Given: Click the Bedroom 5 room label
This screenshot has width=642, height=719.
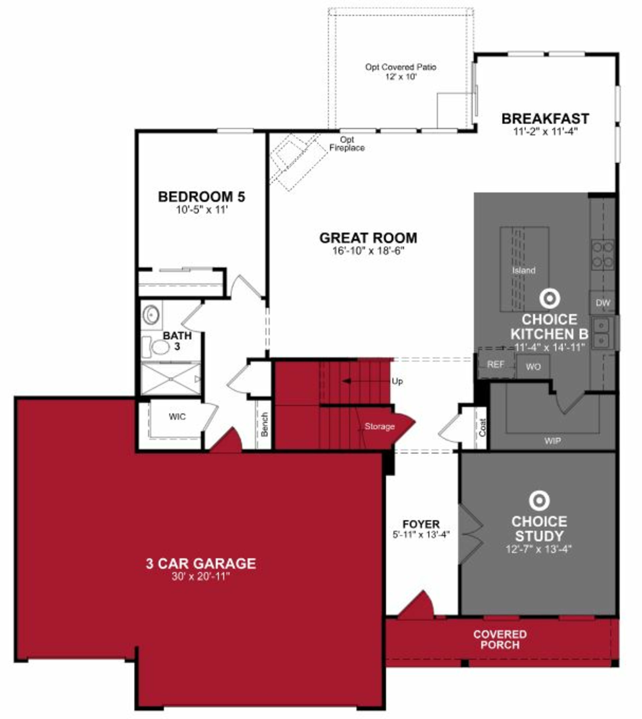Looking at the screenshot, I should [x=201, y=197].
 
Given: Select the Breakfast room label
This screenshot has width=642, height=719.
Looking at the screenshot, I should [x=545, y=119].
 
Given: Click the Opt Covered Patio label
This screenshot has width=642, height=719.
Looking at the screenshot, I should [x=401, y=67].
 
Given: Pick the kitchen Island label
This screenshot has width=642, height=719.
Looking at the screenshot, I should [x=524, y=270].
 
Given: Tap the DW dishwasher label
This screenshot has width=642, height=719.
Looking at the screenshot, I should [x=603, y=303].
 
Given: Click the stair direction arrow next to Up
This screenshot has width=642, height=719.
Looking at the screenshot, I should [x=347, y=381].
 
